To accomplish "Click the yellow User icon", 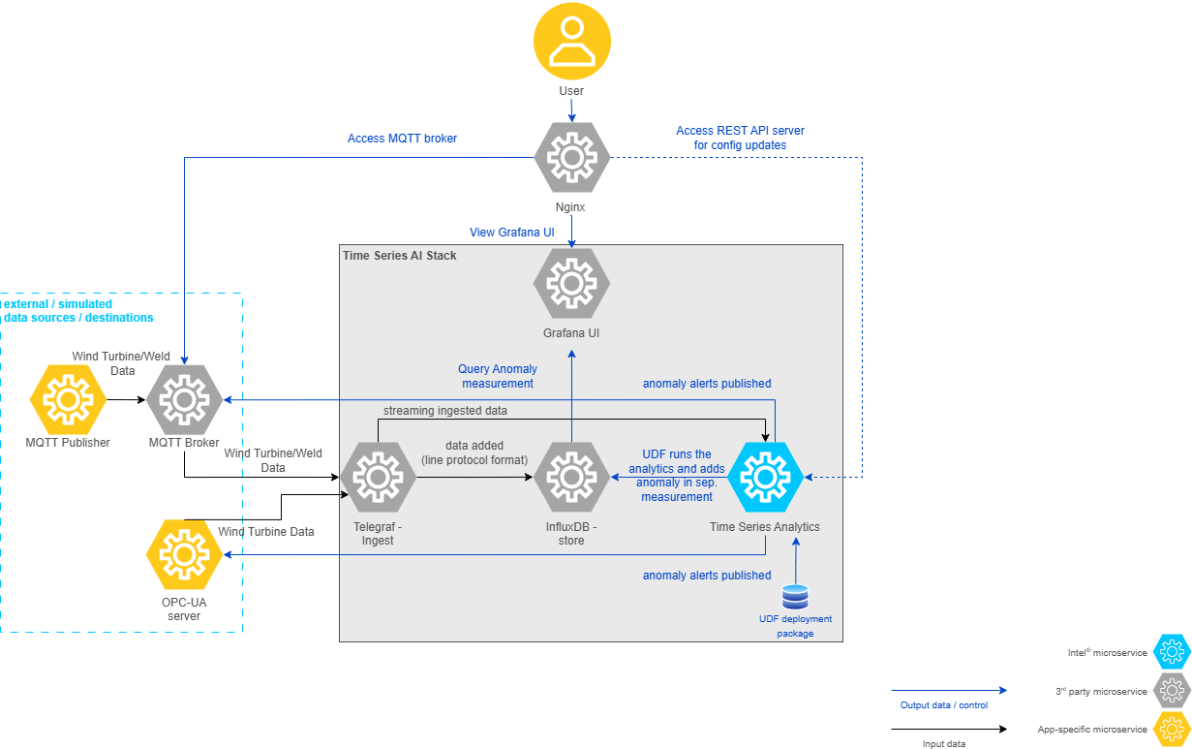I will point(571,41).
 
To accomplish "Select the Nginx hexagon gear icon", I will point(571,157).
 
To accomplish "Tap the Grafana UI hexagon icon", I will point(571,283).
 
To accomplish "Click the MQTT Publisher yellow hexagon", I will point(68,398).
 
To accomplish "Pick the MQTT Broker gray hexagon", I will point(184,398).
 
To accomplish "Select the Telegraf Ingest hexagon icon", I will point(378,477).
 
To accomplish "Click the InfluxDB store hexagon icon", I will point(571,477).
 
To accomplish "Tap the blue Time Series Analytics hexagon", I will point(765,477).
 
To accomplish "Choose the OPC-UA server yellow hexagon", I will point(184,554).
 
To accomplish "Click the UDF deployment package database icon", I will point(795,597).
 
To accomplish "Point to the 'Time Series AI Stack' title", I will point(400,255).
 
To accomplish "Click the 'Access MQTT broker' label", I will point(402,139).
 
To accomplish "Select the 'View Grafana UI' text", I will point(512,233).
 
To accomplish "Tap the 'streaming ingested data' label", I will point(444,411).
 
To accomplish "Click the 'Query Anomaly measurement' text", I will point(498,376).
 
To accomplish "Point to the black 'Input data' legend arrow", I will point(948,729).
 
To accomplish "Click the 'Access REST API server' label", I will point(740,131).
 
